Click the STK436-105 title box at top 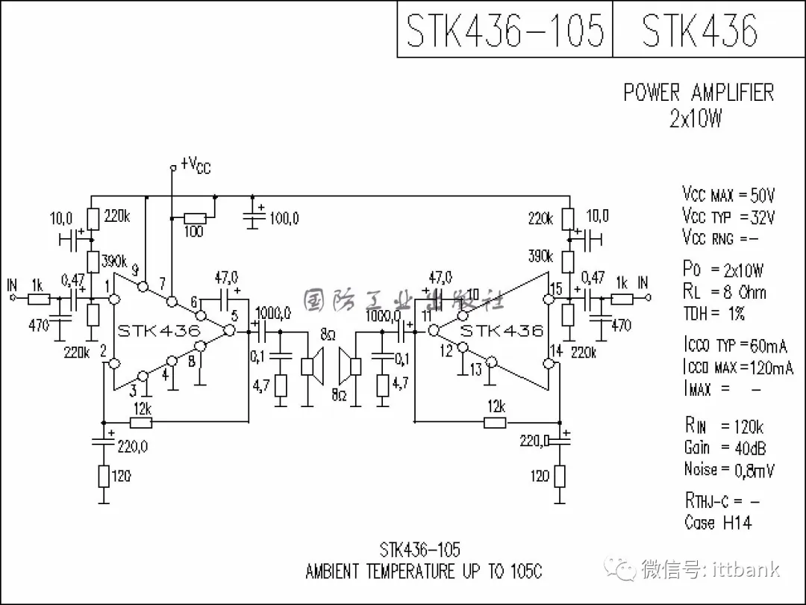[x=504, y=30]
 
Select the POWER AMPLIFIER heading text [x=699, y=93]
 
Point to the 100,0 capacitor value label [x=284, y=218]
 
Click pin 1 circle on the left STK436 [x=115, y=299]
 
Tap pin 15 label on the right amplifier [x=554, y=288]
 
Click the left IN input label [x=11, y=285]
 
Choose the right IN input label [x=643, y=282]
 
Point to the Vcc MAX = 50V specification [x=728, y=196]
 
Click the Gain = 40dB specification [x=725, y=448]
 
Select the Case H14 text [x=718, y=523]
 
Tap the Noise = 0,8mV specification [x=729, y=470]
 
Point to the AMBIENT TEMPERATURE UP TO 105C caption [x=424, y=571]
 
